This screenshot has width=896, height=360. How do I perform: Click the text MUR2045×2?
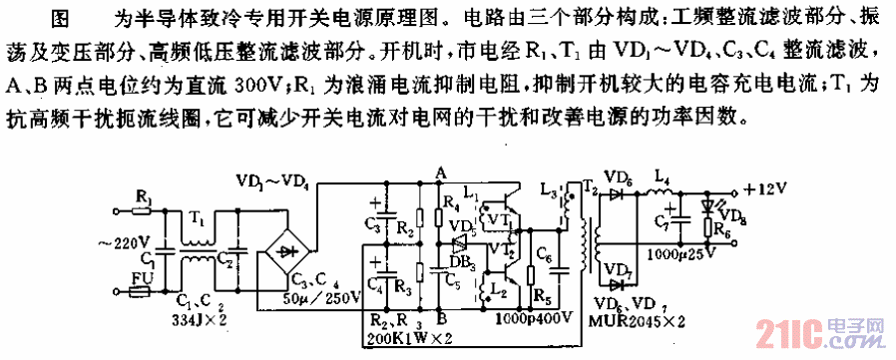point(638,321)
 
